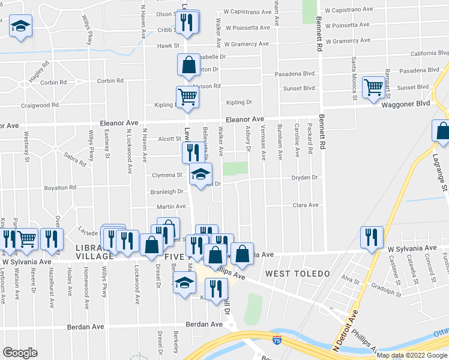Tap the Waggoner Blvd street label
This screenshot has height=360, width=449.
click(x=406, y=104)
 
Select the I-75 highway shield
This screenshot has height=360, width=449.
click(x=276, y=340)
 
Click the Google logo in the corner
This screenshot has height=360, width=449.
click(x=20, y=353)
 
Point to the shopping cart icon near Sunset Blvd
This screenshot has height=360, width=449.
click(x=374, y=87)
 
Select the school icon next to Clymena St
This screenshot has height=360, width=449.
click(x=200, y=174)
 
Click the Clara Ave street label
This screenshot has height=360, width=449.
click(x=305, y=205)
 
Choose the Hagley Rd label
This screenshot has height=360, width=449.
click(x=37, y=71)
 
